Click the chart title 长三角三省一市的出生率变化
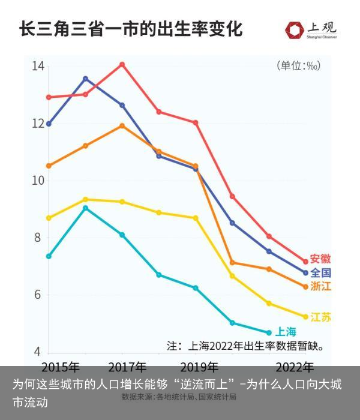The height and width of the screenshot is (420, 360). pyautogui.click(x=131, y=29)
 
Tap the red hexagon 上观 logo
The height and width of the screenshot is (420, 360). pyautogui.click(x=295, y=29)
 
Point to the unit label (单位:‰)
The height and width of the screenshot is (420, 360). pyautogui.click(x=298, y=66)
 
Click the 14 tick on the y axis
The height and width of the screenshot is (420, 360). pyautogui.click(x=38, y=66)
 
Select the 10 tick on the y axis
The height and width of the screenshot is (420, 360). pyautogui.click(x=38, y=181)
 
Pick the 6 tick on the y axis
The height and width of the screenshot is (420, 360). pyautogui.click(x=38, y=295)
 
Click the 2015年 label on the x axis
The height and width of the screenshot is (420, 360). pyautogui.click(x=61, y=366)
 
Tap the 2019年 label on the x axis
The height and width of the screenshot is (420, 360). pyautogui.click(x=199, y=366)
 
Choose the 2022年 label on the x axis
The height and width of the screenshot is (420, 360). pyautogui.click(x=294, y=366)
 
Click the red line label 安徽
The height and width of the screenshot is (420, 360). pyautogui.click(x=320, y=259)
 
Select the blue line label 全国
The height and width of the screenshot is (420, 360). pyautogui.click(x=320, y=273)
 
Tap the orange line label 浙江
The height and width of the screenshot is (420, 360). pyautogui.click(x=321, y=286)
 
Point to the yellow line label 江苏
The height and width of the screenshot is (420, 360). pyautogui.click(x=321, y=317)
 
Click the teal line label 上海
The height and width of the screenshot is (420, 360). pyautogui.click(x=286, y=332)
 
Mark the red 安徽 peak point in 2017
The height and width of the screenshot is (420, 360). pyautogui.click(x=122, y=64)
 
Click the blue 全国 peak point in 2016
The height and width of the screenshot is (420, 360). pyautogui.click(x=85, y=79)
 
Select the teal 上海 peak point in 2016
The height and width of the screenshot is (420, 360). pyautogui.click(x=85, y=208)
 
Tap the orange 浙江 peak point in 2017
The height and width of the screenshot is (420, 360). pyautogui.click(x=122, y=126)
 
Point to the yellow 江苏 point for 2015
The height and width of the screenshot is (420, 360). pyautogui.click(x=49, y=218)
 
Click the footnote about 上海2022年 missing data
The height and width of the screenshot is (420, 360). pyautogui.click(x=246, y=346)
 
